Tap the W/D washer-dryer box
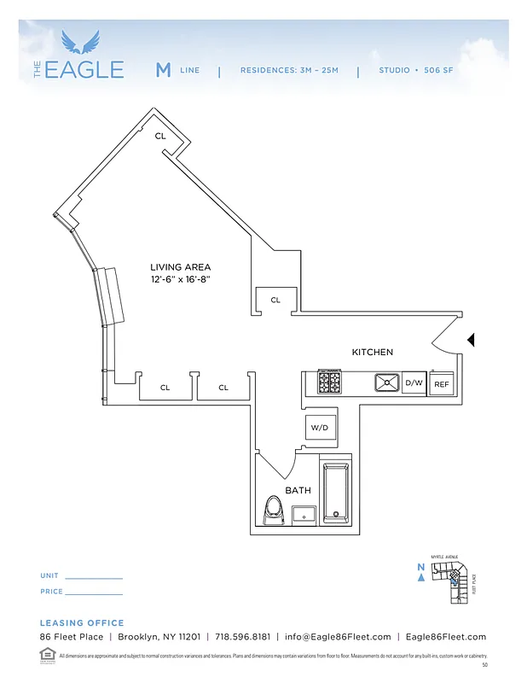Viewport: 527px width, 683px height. click(x=319, y=427)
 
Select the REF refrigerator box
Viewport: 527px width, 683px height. click(x=441, y=384)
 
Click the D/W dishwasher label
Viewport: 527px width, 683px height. click(x=414, y=383)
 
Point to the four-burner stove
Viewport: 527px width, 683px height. click(x=330, y=382)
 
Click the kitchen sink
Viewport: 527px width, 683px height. click(x=387, y=382)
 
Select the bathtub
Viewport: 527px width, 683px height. click(x=335, y=493)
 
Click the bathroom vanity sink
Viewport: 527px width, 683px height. click(x=304, y=515)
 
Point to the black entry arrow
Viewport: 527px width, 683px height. click(x=470, y=341)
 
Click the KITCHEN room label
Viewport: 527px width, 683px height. click(x=373, y=352)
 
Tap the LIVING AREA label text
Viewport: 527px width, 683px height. click(x=180, y=267)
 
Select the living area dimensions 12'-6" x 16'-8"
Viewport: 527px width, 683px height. click(x=180, y=279)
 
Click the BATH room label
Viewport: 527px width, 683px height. click(x=298, y=490)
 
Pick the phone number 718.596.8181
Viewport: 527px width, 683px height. click(x=243, y=637)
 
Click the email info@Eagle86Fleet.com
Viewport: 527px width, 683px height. click(x=338, y=637)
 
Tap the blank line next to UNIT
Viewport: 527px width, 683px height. click(x=94, y=578)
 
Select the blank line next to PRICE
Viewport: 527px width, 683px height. click(x=94, y=593)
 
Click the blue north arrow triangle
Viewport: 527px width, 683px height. click(x=421, y=577)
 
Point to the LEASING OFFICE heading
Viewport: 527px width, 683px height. click(x=82, y=623)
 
